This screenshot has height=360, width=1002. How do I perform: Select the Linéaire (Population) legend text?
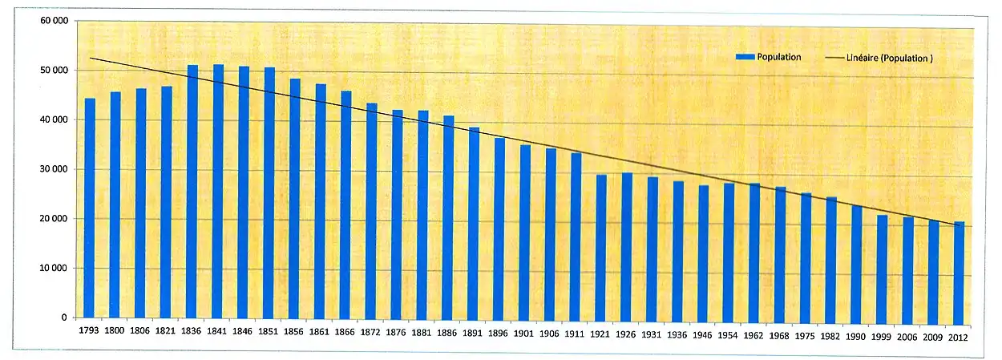click(x=889, y=59)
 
